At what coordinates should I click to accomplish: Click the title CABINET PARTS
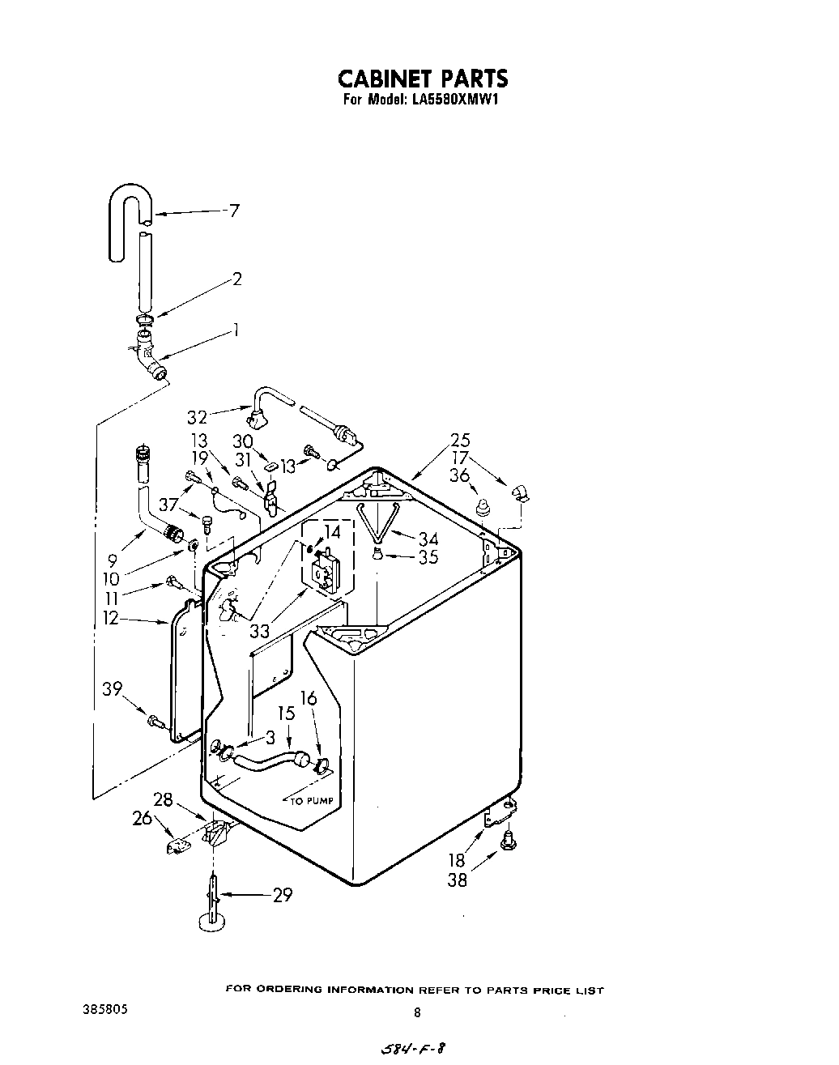pyautogui.click(x=422, y=79)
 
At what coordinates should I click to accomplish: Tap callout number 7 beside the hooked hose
pyautogui.click(x=234, y=211)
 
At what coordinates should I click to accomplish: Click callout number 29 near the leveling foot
pyautogui.click(x=282, y=895)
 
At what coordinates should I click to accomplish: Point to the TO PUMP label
pyautogui.click(x=312, y=801)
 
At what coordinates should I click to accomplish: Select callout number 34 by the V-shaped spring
pyautogui.click(x=428, y=539)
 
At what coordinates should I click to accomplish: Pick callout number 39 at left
pyautogui.click(x=113, y=689)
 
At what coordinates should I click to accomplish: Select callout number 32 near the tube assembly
pyautogui.click(x=198, y=417)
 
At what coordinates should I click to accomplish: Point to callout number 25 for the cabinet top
pyautogui.click(x=460, y=441)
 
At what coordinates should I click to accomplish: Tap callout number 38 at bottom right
pyautogui.click(x=458, y=879)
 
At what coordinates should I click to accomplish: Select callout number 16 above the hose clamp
pyautogui.click(x=309, y=699)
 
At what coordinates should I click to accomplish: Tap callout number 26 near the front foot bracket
pyautogui.click(x=143, y=819)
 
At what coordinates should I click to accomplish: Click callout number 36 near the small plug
pyautogui.click(x=459, y=476)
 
